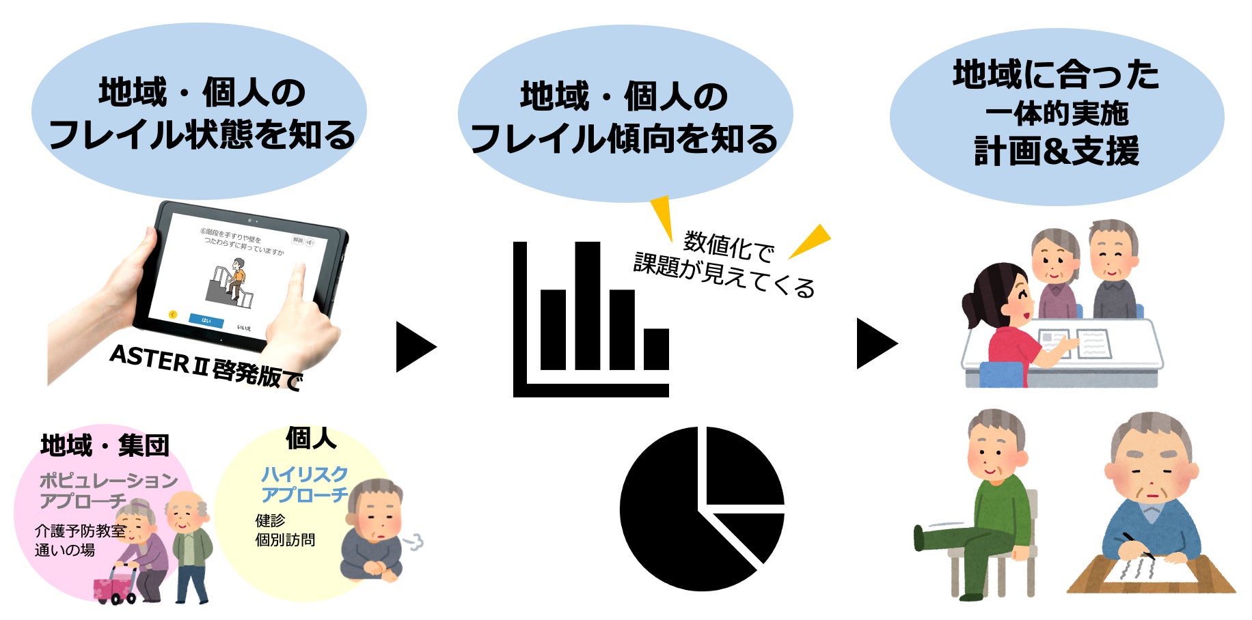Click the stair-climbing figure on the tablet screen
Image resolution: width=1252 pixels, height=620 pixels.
point(236,280)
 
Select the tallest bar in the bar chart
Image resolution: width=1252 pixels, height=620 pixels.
point(587,305)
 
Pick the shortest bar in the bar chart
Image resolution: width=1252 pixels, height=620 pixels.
point(656,349)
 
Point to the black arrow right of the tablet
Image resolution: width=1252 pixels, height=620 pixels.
point(414,347)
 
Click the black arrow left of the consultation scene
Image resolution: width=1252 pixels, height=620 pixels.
point(875,343)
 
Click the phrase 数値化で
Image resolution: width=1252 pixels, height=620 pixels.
point(729,246)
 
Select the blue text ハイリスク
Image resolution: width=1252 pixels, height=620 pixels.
point(304,474)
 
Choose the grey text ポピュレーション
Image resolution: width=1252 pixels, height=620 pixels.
point(109,481)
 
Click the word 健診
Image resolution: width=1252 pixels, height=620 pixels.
point(270,520)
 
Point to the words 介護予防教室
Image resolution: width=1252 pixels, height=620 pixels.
point(80,531)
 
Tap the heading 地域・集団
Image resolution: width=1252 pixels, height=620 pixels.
point(105,446)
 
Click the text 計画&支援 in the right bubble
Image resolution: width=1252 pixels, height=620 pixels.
point(1056,151)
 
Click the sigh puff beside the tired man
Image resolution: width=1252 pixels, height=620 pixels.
point(414,543)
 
